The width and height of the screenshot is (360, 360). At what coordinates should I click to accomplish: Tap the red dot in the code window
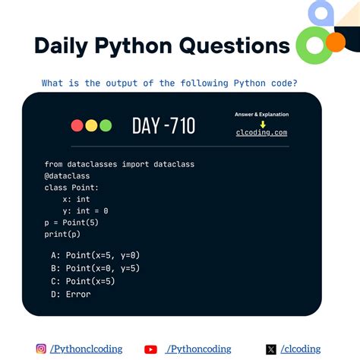[x=77, y=126]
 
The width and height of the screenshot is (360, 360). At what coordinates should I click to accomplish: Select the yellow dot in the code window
[x=91, y=126]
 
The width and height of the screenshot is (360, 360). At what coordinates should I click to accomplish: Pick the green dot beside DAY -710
[x=105, y=126]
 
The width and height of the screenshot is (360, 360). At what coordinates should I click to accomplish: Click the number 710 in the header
[x=178, y=125]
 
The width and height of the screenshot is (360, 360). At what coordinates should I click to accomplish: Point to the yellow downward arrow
[x=262, y=124]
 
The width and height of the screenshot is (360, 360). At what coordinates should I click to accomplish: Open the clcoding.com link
[x=262, y=132]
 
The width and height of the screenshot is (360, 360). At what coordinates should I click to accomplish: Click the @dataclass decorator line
[x=67, y=175]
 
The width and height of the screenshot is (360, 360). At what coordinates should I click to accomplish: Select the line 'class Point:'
[x=71, y=188]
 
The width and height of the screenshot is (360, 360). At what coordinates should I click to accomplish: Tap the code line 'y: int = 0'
[x=86, y=210]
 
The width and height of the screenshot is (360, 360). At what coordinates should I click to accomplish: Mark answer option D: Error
[x=71, y=294]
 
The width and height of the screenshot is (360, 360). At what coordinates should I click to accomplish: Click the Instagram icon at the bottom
[x=41, y=349]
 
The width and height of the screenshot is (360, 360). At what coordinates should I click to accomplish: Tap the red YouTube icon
[x=150, y=349]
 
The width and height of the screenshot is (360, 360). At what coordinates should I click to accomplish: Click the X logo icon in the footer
[x=271, y=349]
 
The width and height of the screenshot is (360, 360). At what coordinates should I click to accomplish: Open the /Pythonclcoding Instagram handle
[x=86, y=349]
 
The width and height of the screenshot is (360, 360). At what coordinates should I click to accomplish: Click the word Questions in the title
[x=235, y=46]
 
